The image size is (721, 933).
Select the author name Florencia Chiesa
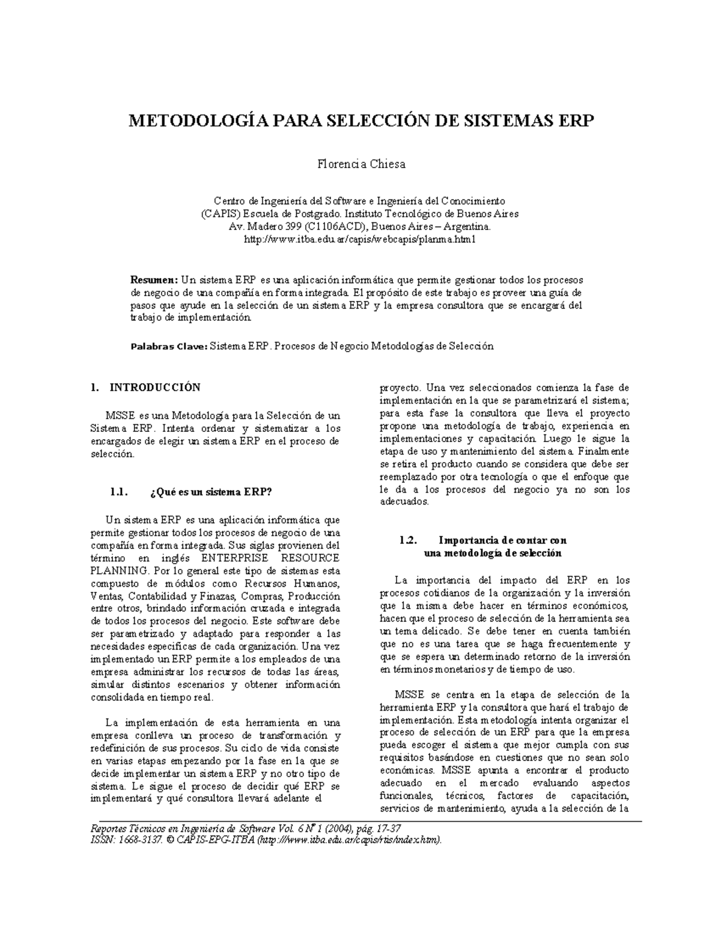[360, 164]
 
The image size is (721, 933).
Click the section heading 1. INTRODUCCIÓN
[144, 387]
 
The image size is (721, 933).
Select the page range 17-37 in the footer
[386, 827]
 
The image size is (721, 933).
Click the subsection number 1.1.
[118, 492]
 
